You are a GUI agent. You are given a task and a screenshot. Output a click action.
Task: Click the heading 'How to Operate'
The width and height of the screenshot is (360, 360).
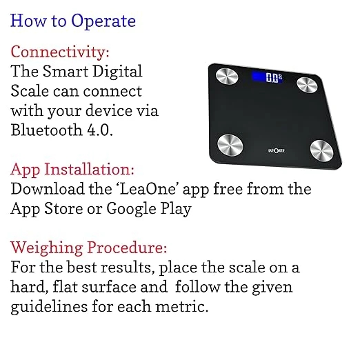(73, 21)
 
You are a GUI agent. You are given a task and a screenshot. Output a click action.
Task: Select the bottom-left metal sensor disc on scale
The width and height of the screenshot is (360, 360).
(230, 144)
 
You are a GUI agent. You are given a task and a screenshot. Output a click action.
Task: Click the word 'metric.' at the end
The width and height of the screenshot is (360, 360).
(183, 306)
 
